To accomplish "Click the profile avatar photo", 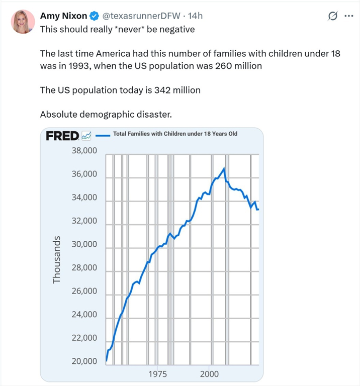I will point(23,22).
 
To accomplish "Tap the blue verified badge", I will point(94,16).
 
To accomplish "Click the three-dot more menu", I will point(348,16).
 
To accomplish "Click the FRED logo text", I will point(62,136).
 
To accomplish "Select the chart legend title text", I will point(175,134).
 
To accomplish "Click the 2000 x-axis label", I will point(209,374).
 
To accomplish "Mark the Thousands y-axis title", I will point(57,258).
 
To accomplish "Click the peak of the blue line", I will point(224,168).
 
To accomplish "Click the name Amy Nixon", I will point(63,16).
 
